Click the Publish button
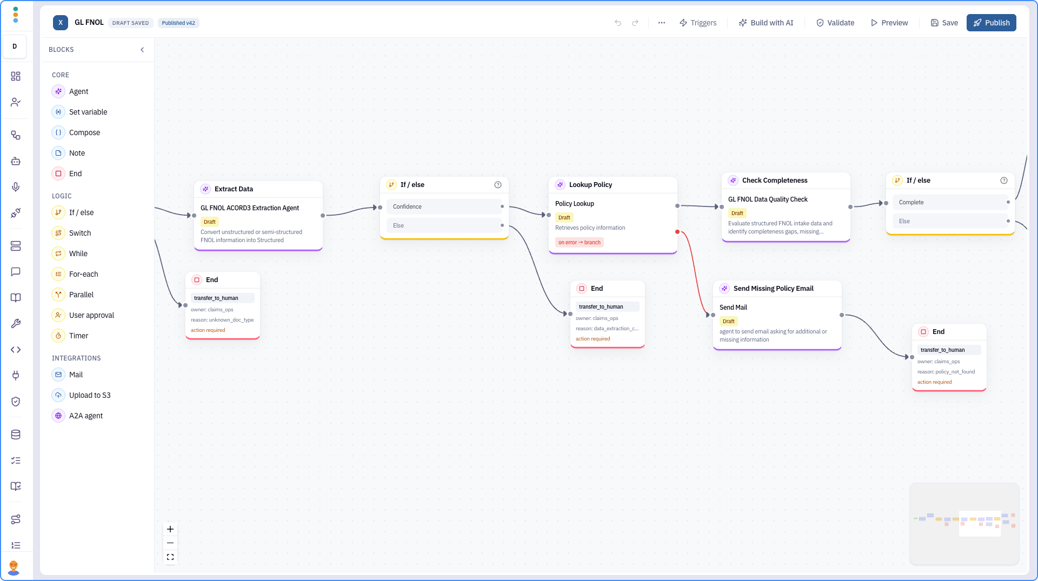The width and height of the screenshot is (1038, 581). (x=991, y=23)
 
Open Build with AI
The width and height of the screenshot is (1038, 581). (x=766, y=23)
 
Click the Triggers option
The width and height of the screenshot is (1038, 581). (x=698, y=23)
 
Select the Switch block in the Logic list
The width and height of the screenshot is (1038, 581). (x=80, y=233)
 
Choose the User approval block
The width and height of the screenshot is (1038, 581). (x=91, y=315)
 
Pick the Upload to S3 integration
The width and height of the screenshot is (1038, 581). (x=90, y=395)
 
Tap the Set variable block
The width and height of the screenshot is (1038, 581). (x=88, y=112)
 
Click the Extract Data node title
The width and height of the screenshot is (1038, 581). (x=234, y=189)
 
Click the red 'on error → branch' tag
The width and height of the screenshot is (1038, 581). (x=580, y=242)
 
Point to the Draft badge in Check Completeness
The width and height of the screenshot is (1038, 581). (x=737, y=213)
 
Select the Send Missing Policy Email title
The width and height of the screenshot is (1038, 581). (x=773, y=289)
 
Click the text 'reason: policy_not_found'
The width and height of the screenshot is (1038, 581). (x=946, y=372)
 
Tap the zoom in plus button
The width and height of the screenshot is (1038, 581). (x=170, y=529)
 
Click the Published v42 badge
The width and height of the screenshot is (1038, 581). (x=178, y=23)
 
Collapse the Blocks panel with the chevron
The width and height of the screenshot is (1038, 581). (x=142, y=50)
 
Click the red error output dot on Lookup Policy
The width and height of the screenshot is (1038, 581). (x=677, y=232)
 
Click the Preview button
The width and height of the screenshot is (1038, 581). (x=889, y=23)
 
